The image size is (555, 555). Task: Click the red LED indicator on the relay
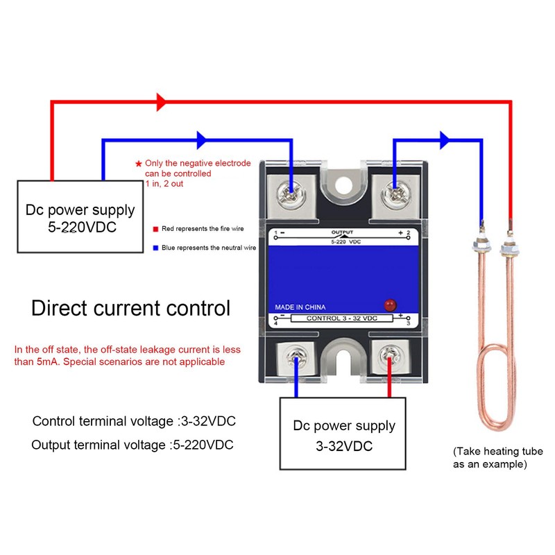click(389, 305)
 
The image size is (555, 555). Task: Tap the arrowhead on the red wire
click(162, 102)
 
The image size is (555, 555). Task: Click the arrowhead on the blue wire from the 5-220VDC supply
click(203, 139)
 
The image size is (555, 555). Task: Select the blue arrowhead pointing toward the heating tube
click(444, 139)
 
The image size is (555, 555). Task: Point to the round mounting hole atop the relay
click(343, 185)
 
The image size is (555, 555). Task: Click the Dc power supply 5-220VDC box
click(80, 216)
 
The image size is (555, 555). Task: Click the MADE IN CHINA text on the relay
click(300, 307)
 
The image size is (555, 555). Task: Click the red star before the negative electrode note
click(138, 163)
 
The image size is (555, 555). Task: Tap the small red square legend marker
click(155, 228)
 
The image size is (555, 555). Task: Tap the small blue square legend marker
click(155, 247)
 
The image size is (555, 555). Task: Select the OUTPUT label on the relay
click(342, 232)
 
